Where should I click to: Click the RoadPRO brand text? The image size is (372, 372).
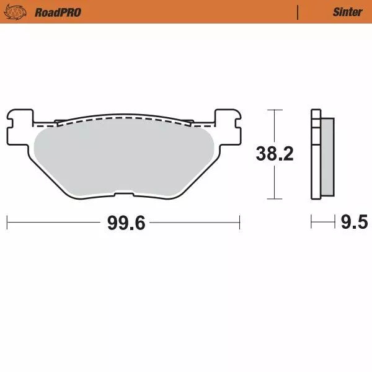point(58,12)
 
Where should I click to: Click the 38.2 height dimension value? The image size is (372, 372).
point(275,155)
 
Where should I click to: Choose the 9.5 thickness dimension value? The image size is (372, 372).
point(354,221)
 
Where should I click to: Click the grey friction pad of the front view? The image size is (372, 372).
point(124,158)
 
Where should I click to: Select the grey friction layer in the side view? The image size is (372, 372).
point(324,159)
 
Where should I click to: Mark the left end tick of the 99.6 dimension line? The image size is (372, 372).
point(7,221)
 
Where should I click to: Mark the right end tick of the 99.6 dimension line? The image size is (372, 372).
point(239,221)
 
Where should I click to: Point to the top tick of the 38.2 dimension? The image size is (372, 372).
point(274,110)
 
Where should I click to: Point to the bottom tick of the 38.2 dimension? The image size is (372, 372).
point(274,199)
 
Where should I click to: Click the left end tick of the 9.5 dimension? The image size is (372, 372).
point(312,221)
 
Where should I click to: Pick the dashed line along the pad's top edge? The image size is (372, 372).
point(124,122)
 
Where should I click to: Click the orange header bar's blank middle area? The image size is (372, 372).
point(186,12)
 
